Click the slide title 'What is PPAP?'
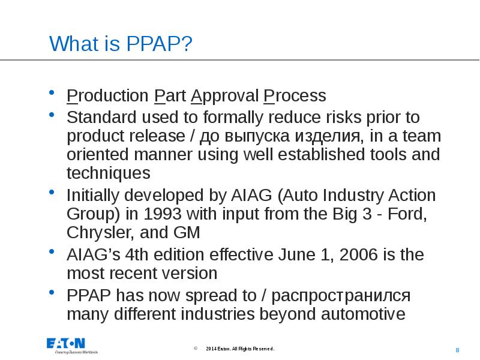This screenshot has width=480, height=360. (121, 44)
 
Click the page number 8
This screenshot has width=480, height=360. (458, 350)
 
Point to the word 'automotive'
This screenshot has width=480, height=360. (365, 314)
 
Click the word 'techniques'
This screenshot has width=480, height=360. (109, 173)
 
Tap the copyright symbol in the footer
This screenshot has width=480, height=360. (196, 349)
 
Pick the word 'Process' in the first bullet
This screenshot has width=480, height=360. (295, 96)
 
